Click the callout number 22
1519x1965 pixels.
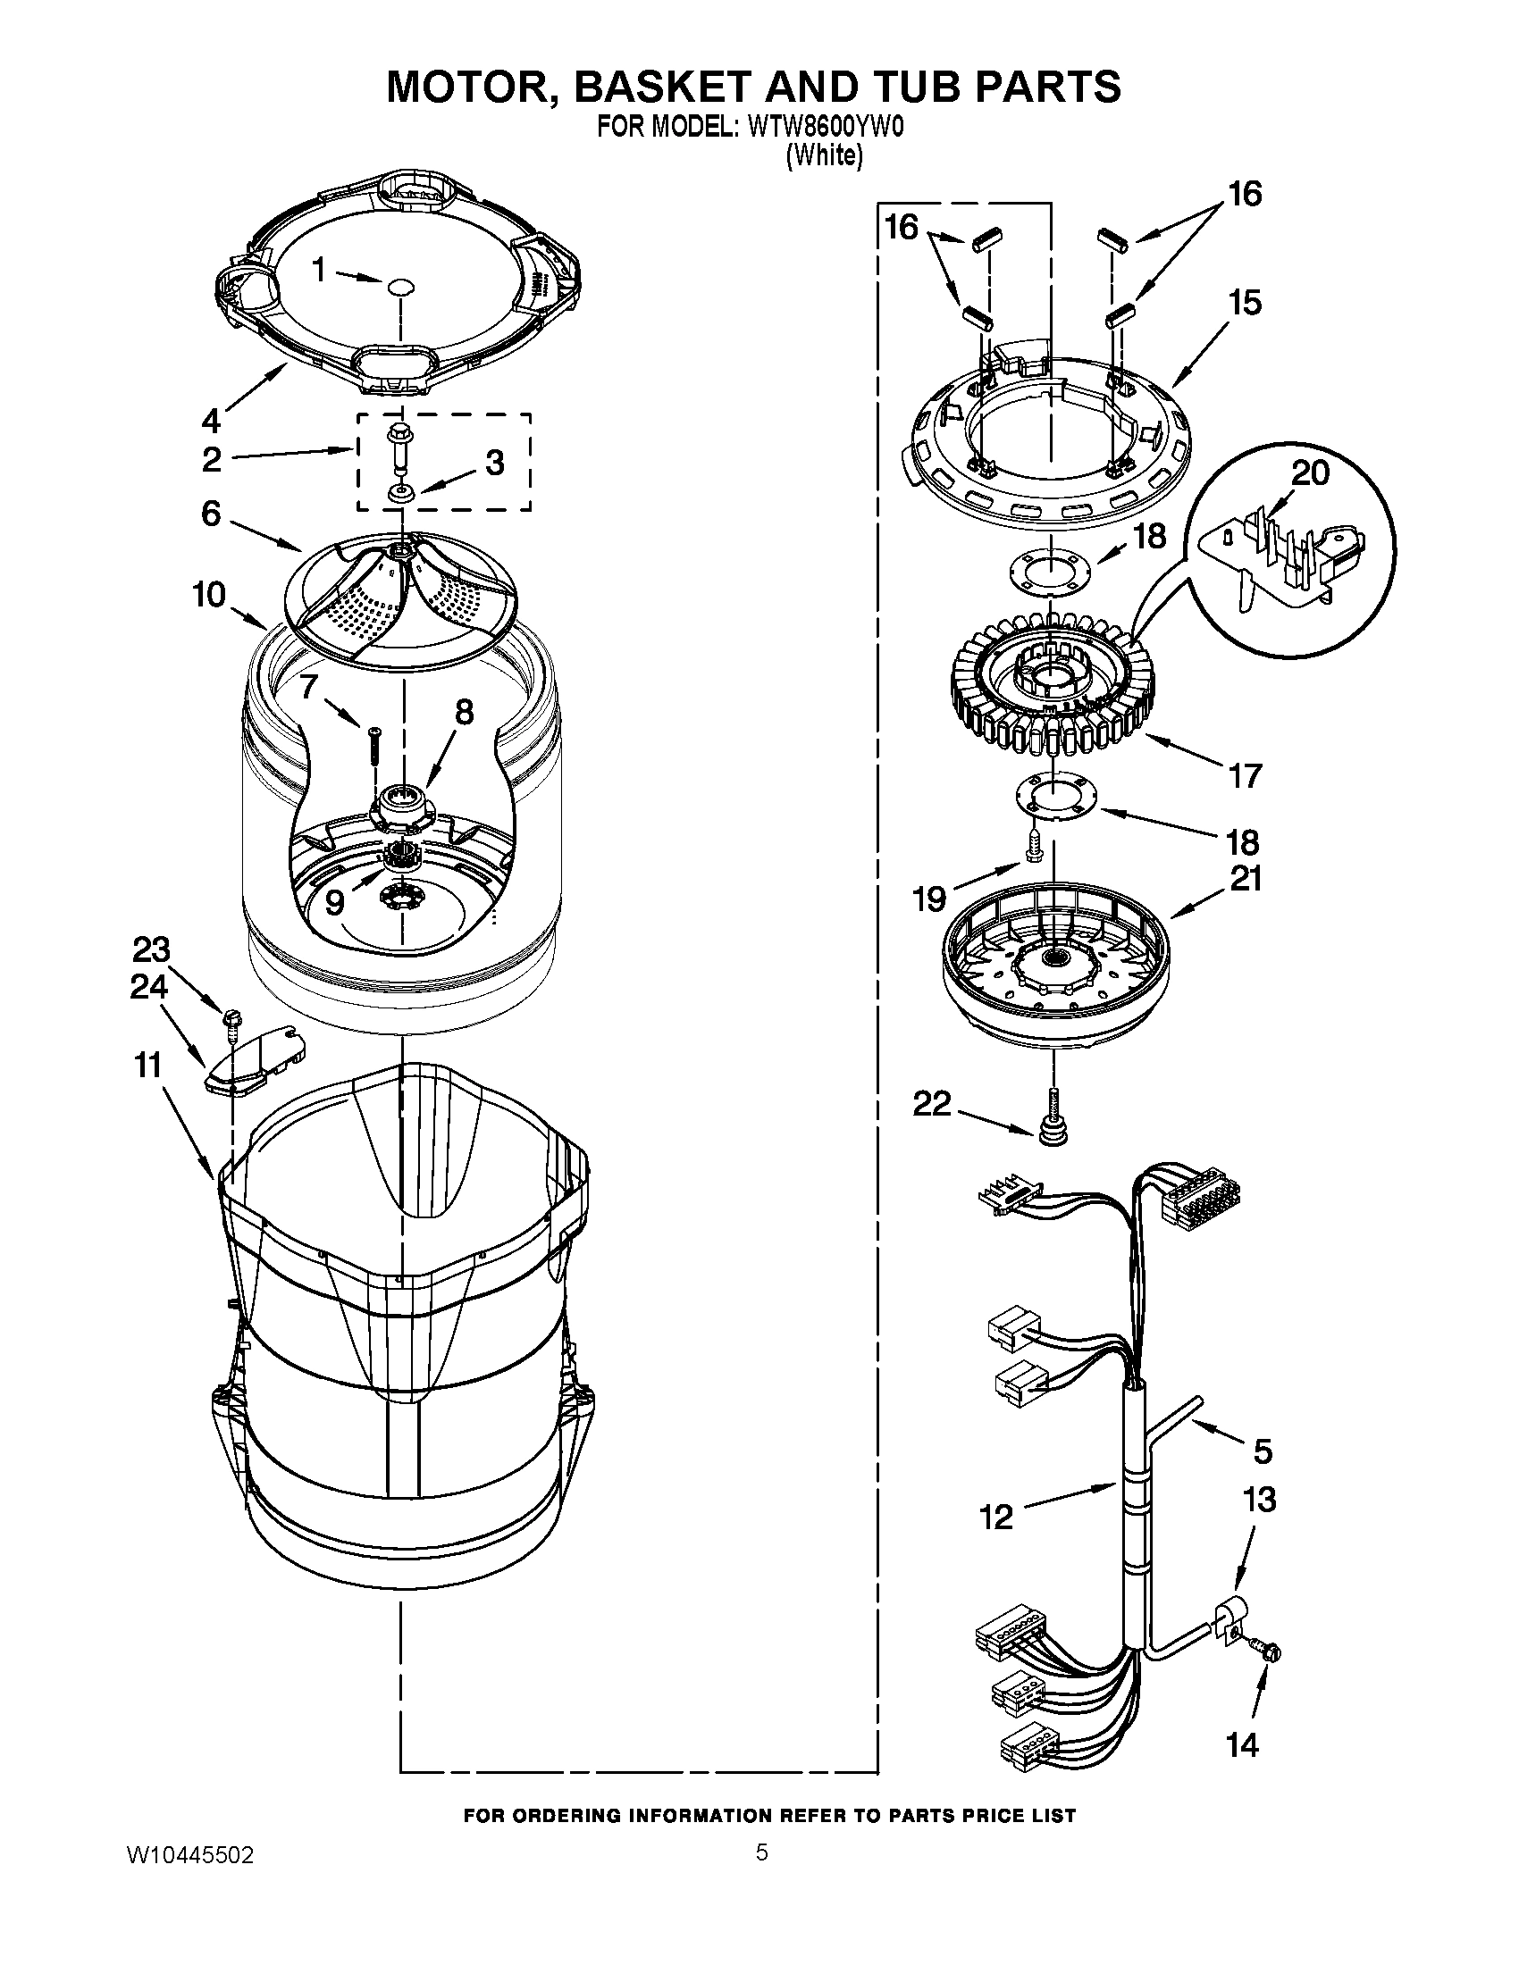(x=932, y=1104)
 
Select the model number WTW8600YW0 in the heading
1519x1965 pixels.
(x=824, y=128)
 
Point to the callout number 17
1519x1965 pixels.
(x=1246, y=774)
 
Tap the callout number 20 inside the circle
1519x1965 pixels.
(x=1309, y=472)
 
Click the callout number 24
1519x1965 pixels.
(x=149, y=987)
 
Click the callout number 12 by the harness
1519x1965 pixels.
(x=996, y=1518)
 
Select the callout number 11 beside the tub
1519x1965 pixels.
(x=147, y=1066)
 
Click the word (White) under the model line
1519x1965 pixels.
(x=826, y=155)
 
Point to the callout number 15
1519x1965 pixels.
(x=1246, y=303)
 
